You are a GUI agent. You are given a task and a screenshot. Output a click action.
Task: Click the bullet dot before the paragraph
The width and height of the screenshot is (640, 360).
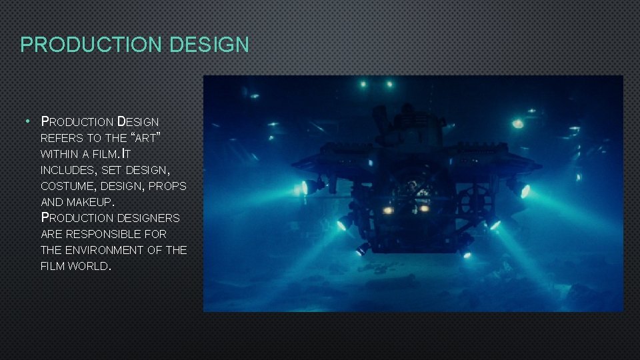26,121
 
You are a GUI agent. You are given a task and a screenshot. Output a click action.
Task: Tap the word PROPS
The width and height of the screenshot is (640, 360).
167,186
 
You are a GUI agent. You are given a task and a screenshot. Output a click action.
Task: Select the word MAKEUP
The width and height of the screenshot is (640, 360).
91,202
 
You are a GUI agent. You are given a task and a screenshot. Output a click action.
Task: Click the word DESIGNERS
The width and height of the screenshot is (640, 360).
148,218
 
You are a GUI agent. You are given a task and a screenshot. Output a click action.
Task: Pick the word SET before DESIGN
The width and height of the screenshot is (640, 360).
108,170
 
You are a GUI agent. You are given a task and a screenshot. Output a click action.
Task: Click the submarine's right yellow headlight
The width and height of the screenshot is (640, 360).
423,208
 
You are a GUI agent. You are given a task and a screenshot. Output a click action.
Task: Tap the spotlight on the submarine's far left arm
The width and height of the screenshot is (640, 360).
305,188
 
